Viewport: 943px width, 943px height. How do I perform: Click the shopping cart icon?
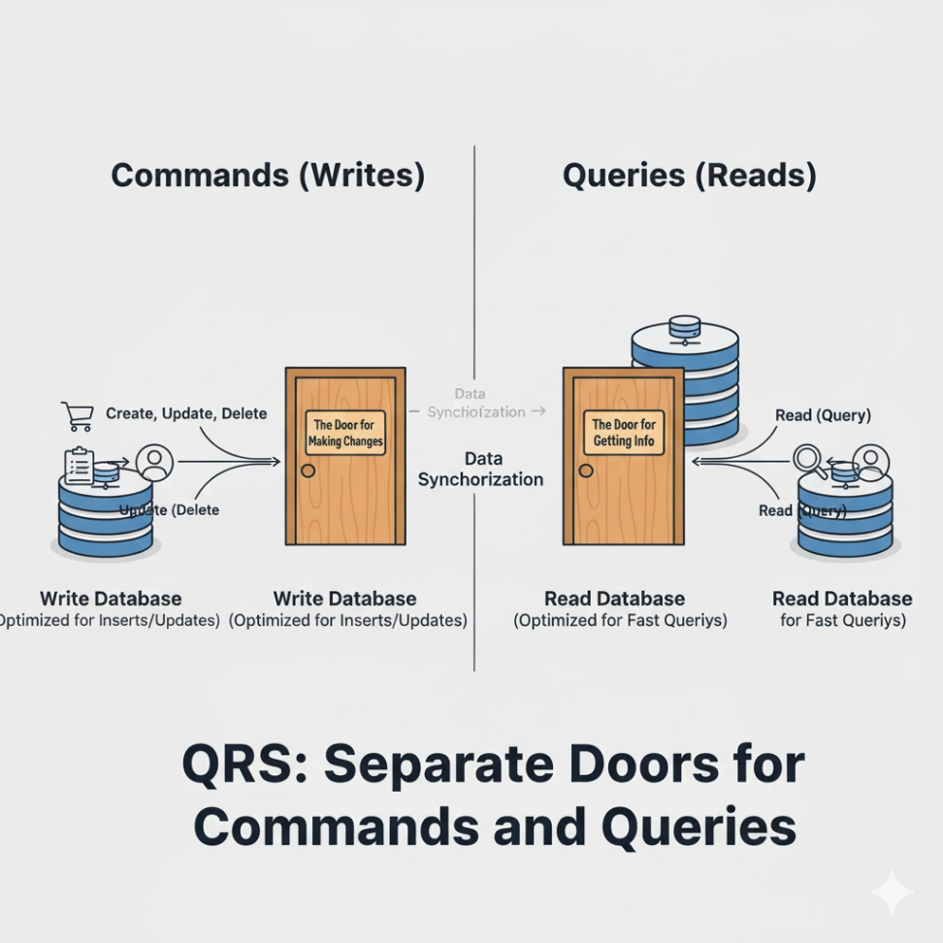coord(77,416)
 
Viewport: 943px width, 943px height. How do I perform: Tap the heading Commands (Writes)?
coord(268,176)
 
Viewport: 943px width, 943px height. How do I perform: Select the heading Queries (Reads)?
coord(690,176)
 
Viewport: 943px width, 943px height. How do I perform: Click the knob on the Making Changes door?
coord(309,471)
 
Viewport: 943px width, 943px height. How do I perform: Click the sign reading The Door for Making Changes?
coord(345,433)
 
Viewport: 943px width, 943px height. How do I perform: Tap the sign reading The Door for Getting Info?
coord(624,433)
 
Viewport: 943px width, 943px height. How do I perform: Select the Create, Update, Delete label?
coord(185,413)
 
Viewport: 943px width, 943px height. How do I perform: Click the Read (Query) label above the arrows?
coord(823,415)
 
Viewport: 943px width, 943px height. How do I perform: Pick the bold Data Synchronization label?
coord(480,469)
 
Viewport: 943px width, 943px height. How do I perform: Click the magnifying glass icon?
coord(810,461)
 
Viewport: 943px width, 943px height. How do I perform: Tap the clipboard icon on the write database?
coord(79,466)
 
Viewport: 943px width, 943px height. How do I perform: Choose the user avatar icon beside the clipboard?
coord(152,461)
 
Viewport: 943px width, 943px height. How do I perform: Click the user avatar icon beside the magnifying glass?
coord(871,461)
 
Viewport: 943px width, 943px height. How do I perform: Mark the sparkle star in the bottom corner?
coord(891,892)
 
